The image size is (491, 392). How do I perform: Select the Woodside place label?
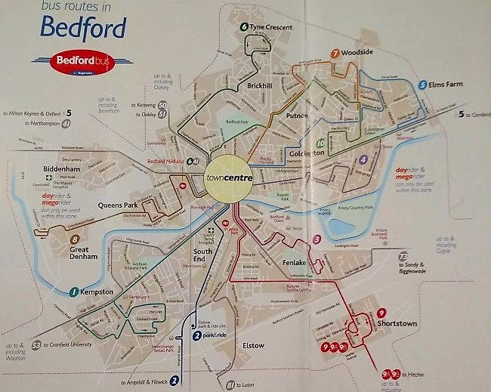[x=357, y=54]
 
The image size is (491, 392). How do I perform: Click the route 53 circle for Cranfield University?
[x=36, y=345]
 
